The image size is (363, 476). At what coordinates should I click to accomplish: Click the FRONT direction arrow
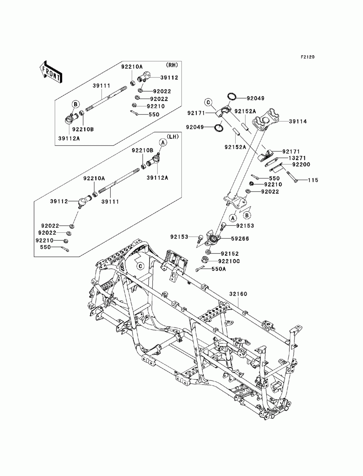51,72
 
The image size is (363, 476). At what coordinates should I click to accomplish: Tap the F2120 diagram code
307,57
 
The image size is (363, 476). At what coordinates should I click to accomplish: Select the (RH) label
172,65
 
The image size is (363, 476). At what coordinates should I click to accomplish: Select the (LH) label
173,137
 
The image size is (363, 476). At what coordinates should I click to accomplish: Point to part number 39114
298,121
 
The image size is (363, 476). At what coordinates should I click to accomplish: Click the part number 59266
240,239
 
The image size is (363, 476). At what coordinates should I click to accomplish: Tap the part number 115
313,180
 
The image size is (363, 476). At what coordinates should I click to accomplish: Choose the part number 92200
301,165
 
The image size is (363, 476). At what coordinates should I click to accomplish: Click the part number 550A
219,269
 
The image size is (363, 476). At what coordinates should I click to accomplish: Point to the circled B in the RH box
76,104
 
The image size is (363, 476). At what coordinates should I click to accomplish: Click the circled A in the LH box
163,143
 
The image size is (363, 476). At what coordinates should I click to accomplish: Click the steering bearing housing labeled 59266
212,239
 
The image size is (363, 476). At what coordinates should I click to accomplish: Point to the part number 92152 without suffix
229,254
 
